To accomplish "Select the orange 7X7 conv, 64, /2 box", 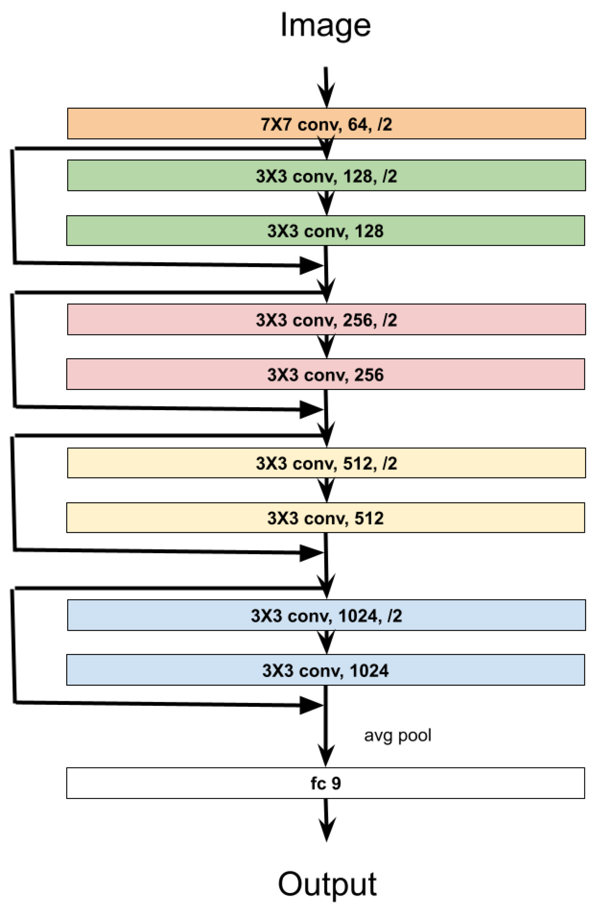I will click(326, 124).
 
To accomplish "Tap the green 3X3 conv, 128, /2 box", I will click(326, 176).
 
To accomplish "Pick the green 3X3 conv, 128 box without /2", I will click(325, 231).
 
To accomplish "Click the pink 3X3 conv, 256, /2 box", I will click(326, 320).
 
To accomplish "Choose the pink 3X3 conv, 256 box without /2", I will click(325, 374).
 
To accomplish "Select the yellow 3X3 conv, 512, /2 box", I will click(326, 463).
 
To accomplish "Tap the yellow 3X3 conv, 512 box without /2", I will click(325, 518).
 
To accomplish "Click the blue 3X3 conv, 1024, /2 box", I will click(326, 615).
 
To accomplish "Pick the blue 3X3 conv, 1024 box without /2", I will click(325, 670).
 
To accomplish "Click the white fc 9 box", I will click(325, 783).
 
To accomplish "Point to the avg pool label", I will click(397, 735).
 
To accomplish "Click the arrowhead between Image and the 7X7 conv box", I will click(326, 96).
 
